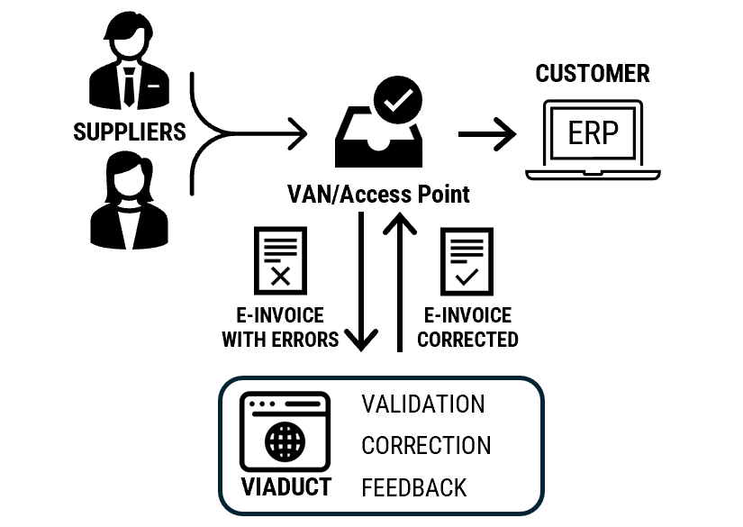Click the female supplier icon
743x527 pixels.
point(128,200)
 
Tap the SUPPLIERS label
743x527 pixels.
point(129,132)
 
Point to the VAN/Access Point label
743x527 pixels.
point(378,194)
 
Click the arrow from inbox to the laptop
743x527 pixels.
point(487,135)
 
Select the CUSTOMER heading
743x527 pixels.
point(592,74)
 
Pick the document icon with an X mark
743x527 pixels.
point(280,262)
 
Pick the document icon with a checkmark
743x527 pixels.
point(467,262)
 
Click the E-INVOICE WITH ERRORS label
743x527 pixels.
point(280,328)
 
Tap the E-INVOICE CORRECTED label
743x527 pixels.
point(467,328)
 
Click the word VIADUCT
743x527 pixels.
point(286,487)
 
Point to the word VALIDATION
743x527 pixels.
point(423,404)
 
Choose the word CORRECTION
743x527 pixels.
point(426,446)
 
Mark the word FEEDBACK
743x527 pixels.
point(414,488)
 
